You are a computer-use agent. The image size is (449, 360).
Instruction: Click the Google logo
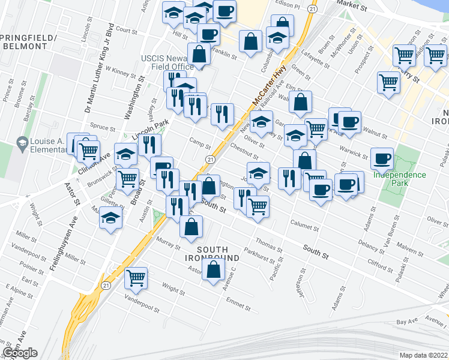pyautogui.click(x=20, y=353)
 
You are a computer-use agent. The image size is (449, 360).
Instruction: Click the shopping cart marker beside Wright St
pyautogui.click(x=137, y=278)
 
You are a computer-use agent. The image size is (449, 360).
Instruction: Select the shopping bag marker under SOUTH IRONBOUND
pyautogui.click(x=214, y=269)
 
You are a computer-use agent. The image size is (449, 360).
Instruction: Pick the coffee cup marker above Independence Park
pyautogui.click(x=382, y=159)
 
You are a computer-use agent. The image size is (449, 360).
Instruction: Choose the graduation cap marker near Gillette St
pyautogui.click(x=111, y=218)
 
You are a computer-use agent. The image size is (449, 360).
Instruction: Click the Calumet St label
pyautogui.click(x=304, y=228)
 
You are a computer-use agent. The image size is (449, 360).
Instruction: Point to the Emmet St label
pyautogui.click(x=238, y=304)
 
